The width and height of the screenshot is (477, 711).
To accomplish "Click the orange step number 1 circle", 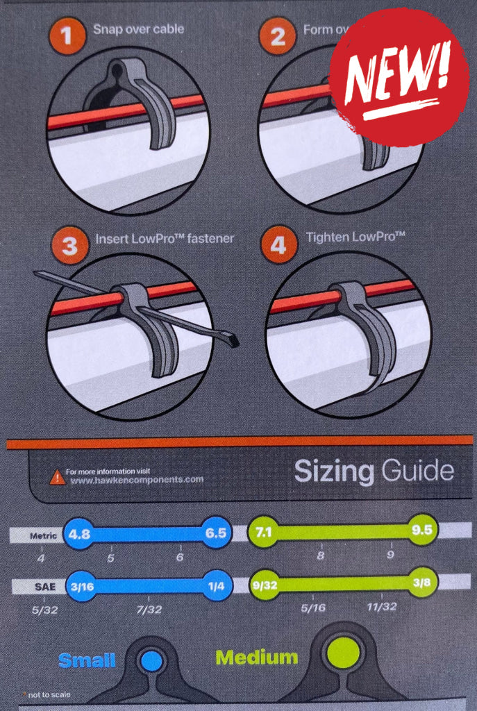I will pyautogui.click(x=67, y=36).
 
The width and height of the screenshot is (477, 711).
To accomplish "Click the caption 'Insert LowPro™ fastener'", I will pyautogui.click(x=165, y=238).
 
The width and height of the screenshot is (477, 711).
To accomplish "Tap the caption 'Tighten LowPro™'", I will pyautogui.click(x=355, y=237).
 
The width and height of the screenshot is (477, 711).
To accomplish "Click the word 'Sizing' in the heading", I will pyautogui.click(x=334, y=472).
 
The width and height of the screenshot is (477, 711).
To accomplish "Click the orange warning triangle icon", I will pyautogui.click(x=56, y=477).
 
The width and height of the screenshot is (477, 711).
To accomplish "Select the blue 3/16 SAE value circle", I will pyautogui.click(x=83, y=585).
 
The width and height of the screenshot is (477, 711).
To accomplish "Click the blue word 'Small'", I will pyautogui.click(x=87, y=660).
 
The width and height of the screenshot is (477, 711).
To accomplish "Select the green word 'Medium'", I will pyautogui.click(x=256, y=656).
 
